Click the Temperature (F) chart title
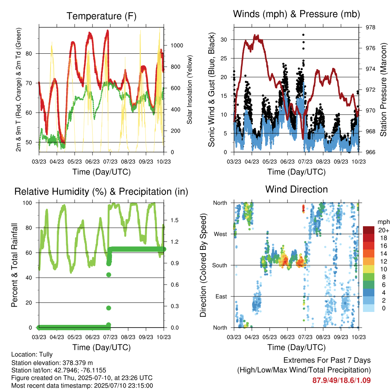pyautogui.click(x=101, y=16)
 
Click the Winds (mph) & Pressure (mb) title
pyautogui.click(x=296, y=14)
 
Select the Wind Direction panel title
pyautogui.click(x=296, y=189)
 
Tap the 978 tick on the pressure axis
pyautogui.click(x=370, y=27)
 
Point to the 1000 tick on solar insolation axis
pyautogui.click(x=177, y=46)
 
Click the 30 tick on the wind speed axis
pyautogui.click(x=224, y=40)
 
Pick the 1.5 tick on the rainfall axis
pyautogui.click(x=174, y=220)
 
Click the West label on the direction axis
pyautogui.click(x=221, y=234)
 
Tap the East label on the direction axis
pyautogui.click(x=221, y=296)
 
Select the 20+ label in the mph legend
pyautogui.click(x=384, y=230)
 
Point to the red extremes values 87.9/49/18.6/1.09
pyautogui.click(x=342, y=380)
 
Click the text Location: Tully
pyautogui.click(x=32, y=355)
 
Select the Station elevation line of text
pyautogui.click(x=52, y=363)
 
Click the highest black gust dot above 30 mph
pyautogui.click(x=303, y=35)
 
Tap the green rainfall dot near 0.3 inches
pyautogui.click(x=109, y=308)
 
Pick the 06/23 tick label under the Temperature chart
pyautogui.click(x=92, y=162)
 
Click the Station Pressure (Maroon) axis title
pyautogui.click(x=383, y=90)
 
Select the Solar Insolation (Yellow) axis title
pyautogui.click(x=190, y=90)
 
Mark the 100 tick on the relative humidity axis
pyautogui.click(x=27, y=203)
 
